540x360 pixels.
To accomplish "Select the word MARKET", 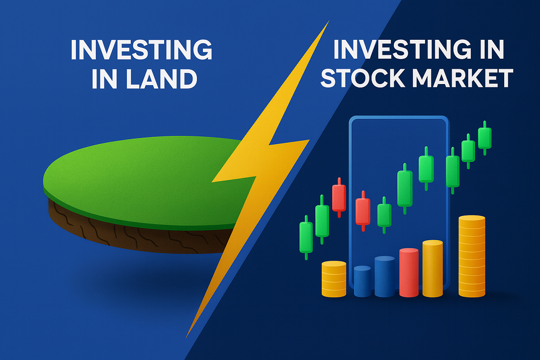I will point(464,79).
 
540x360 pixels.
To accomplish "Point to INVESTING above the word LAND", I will point(141,50).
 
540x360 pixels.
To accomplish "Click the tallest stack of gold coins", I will point(471,256).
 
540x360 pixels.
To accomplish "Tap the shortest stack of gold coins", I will point(334,279).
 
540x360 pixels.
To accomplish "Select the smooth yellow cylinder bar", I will point(432,269).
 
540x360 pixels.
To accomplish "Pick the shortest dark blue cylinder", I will point(362,281).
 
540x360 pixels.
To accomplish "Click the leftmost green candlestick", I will point(306,237).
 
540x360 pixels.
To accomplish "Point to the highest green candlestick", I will point(484,137).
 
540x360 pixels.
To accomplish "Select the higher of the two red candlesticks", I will point(339,197).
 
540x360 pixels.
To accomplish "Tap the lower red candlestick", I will point(363,211).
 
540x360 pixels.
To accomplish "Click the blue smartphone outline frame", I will point(351,199).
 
